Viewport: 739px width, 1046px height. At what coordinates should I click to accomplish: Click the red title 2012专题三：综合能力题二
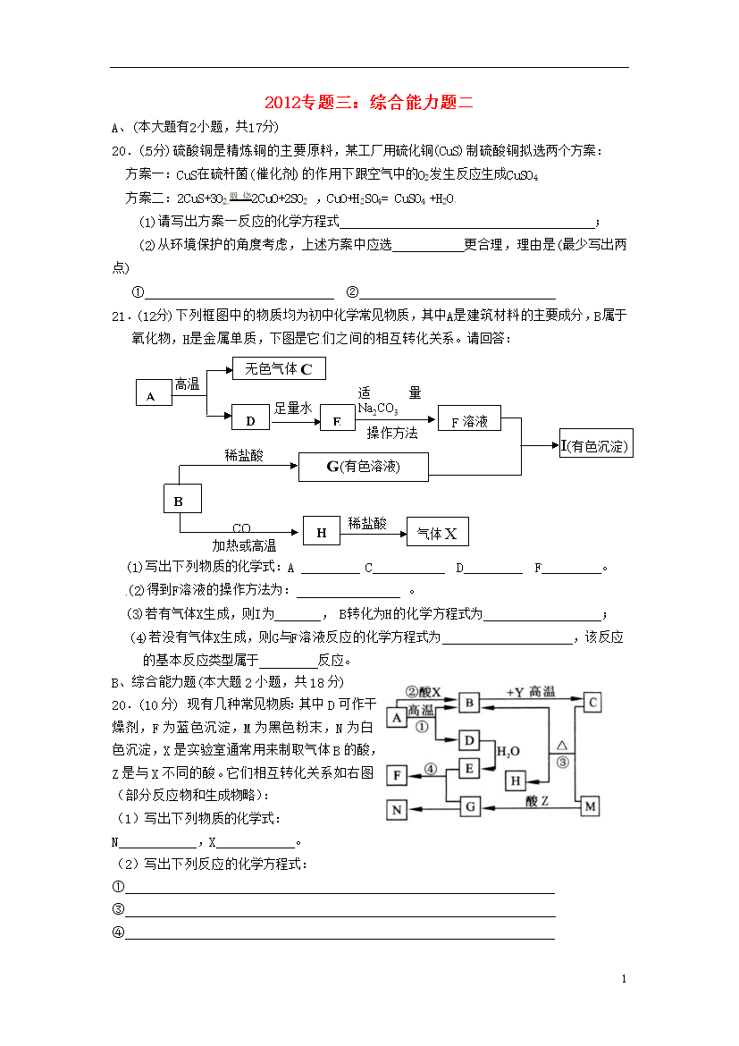coord(369,103)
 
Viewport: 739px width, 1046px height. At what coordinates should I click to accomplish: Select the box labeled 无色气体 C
coord(278,368)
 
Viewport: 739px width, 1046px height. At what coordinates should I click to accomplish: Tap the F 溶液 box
coord(469,420)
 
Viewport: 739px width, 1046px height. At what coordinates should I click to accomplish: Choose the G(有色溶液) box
coord(363,466)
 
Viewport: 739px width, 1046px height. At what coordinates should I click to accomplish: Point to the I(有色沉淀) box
coord(596,444)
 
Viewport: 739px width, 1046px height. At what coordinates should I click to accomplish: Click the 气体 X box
coord(437,534)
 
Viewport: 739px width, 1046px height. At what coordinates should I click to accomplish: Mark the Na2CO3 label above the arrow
coord(378,408)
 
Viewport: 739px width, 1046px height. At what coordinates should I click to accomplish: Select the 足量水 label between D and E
coord(292,408)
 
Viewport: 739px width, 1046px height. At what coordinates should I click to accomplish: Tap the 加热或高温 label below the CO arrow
coord(244,545)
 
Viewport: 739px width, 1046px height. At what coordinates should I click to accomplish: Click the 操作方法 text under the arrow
coord(392,433)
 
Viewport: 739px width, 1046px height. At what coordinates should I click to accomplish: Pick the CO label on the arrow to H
coord(241,528)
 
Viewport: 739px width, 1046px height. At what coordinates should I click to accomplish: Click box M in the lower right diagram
coord(590,806)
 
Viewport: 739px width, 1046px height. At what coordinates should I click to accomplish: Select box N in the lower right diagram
coord(397,809)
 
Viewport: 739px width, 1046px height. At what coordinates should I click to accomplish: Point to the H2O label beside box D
coord(508,752)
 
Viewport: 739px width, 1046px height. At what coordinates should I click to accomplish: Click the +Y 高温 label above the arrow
coord(530,692)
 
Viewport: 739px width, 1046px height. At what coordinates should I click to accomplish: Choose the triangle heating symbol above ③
coord(562,745)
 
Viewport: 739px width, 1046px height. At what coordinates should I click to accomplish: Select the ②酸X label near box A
coord(424,692)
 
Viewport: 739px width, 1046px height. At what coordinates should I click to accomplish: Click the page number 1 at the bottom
coord(624,980)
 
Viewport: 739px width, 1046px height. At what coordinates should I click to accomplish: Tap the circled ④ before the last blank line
coord(117,932)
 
